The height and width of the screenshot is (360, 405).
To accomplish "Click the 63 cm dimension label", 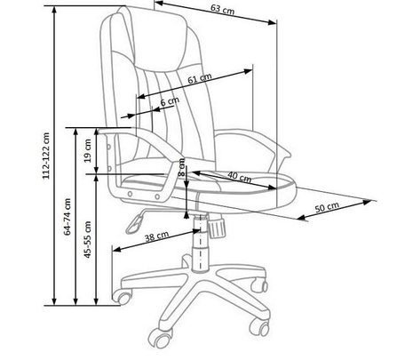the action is [x=222, y=10].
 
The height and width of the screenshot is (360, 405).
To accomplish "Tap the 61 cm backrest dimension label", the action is [x=200, y=78].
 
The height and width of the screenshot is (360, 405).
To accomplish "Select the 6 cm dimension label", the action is [x=170, y=101].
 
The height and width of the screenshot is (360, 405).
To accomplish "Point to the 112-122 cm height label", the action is [x=46, y=156].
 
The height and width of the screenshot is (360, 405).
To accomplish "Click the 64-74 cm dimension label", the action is [x=67, y=217].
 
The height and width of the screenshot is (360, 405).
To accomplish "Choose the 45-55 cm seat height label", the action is [x=88, y=239].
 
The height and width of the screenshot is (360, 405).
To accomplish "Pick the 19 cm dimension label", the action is [x=88, y=151].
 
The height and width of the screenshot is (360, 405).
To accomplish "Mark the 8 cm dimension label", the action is [x=182, y=167].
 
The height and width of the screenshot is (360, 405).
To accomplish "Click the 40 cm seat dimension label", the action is [x=240, y=177].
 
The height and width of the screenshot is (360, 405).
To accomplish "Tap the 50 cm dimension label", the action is [x=327, y=207].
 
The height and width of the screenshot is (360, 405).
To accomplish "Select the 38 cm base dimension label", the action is [x=157, y=236].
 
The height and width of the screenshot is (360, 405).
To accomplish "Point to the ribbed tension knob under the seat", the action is [x=217, y=227].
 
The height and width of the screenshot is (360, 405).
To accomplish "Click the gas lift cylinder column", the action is [x=200, y=243].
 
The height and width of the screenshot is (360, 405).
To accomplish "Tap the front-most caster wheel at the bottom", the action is [x=161, y=338].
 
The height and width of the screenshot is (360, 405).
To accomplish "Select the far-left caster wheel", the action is [x=122, y=297].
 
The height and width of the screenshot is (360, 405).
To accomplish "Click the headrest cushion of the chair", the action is [x=161, y=38].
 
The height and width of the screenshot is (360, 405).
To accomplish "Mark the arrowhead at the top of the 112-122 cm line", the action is [x=54, y=9].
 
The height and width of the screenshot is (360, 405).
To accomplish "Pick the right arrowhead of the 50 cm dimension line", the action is [x=368, y=202].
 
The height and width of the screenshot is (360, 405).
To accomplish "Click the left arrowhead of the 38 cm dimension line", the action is [x=117, y=250].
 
